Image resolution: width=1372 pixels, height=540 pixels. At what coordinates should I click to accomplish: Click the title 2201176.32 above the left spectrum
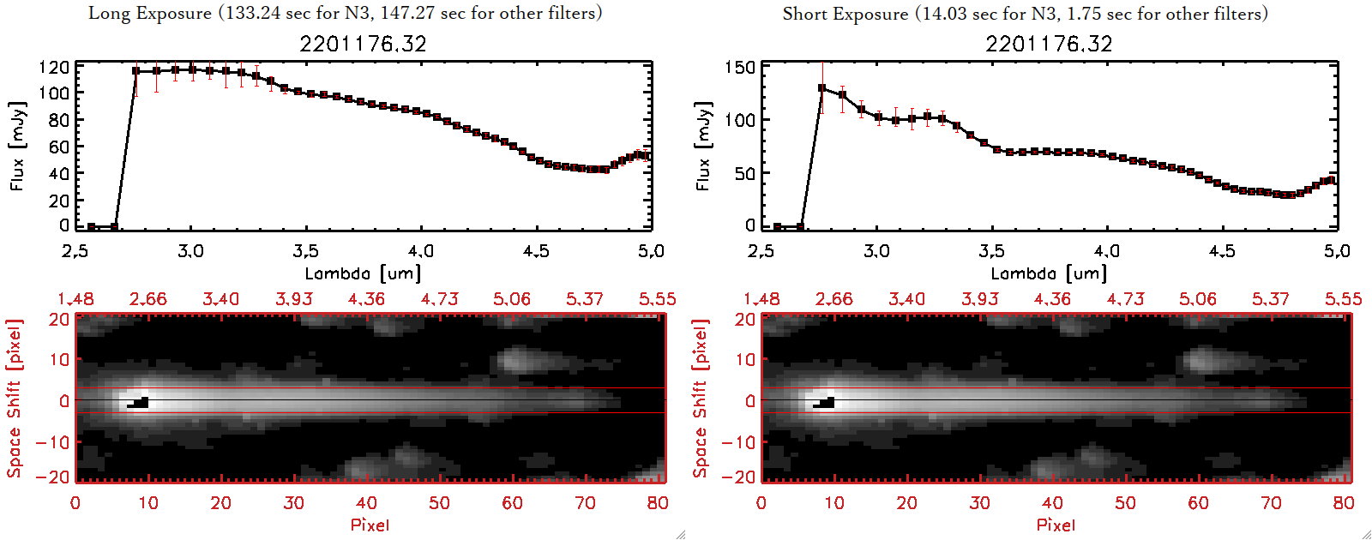[363, 44]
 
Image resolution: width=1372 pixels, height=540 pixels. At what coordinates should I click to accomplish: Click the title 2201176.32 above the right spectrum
[1049, 44]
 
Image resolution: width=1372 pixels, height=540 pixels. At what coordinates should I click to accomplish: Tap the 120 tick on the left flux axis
[54, 67]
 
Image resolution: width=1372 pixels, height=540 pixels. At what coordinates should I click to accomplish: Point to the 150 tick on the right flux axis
[740, 67]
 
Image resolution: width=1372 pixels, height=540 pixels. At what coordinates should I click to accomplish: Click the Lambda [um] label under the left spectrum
[363, 273]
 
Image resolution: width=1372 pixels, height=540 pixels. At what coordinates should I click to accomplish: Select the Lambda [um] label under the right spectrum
[1049, 273]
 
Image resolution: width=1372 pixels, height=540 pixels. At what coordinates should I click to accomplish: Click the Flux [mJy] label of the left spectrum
[18, 146]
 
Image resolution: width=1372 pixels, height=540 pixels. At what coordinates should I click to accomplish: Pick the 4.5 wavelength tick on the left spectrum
[536, 251]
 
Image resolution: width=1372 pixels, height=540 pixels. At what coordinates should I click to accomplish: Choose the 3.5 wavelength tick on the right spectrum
[991, 251]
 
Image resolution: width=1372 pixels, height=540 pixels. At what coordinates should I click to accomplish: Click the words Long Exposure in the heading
[150, 13]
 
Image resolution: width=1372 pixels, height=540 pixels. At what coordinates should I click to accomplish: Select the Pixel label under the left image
[370, 525]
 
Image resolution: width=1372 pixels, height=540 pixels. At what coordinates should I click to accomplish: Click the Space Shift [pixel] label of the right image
[701, 399]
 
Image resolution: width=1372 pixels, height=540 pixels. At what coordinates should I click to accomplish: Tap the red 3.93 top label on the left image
[293, 299]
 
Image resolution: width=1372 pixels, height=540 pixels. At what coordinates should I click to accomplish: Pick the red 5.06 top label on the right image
[1197, 299]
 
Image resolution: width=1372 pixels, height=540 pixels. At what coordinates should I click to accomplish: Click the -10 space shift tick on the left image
[53, 442]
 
